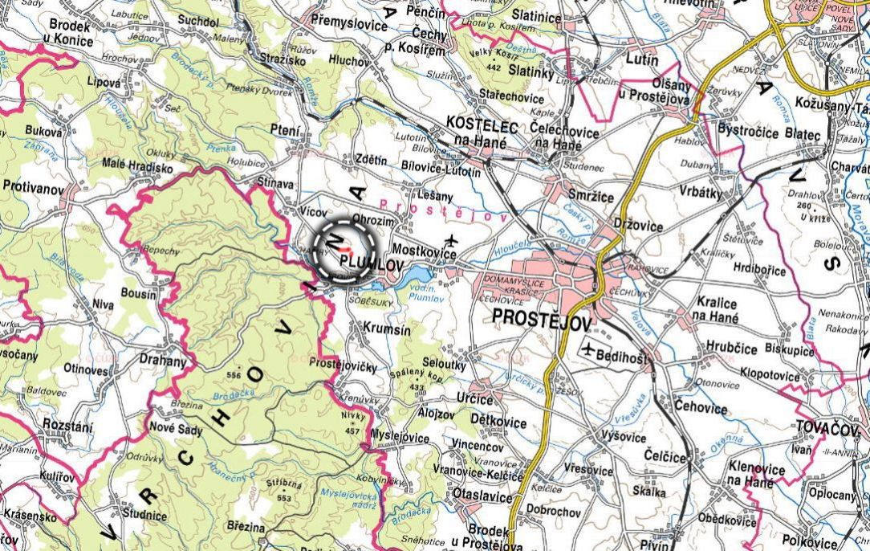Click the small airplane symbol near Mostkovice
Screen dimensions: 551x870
[x=452, y=239]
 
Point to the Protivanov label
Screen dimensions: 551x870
[x=32, y=186]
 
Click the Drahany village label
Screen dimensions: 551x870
[x=163, y=361]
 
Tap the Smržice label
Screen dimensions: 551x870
[x=590, y=197]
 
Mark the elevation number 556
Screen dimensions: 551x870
[x=234, y=375]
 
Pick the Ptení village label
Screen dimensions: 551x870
[x=286, y=131]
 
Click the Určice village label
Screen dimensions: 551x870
[x=474, y=399]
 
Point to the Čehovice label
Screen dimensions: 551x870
[x=701, y=408]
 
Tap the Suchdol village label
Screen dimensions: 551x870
[x=197, y=21]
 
